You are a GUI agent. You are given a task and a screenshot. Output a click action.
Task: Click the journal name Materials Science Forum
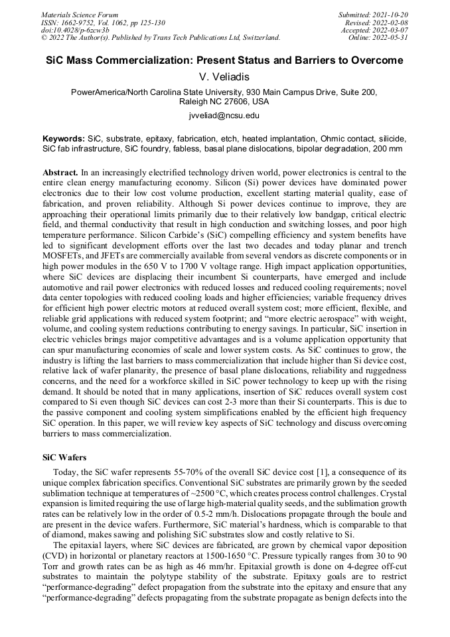pos(80,15)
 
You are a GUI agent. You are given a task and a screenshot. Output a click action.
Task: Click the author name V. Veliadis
pos(224,78)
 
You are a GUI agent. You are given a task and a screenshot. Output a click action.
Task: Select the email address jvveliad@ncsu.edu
pos(224,116)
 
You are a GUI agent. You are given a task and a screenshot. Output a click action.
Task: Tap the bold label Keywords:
pos(64,138)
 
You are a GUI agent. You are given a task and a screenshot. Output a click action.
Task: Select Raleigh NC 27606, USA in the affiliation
pos(224,102)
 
